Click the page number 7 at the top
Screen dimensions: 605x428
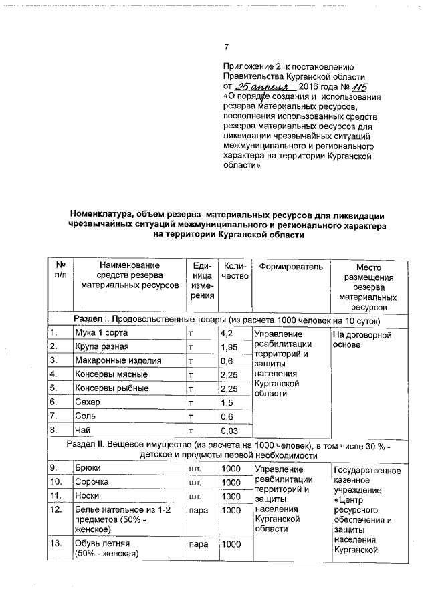pos(226,46)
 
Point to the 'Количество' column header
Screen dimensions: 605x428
pos(233,272)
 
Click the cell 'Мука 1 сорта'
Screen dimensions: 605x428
pos(100,332)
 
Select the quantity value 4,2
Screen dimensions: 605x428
pos(227,332)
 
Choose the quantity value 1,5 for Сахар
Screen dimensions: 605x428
pos(227,402)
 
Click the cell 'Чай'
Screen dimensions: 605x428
pos(82,431)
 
